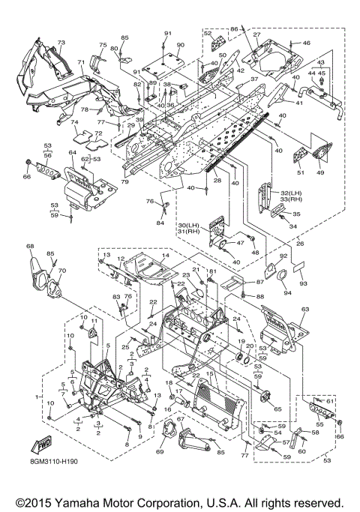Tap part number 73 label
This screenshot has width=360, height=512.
click(x=61, y=43)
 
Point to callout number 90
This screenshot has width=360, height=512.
click(x=180, y=45)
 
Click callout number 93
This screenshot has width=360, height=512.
click(x=304, y=283)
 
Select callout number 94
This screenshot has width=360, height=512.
click(x=287, y=292)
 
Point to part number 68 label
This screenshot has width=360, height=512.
click(x=30, y=246)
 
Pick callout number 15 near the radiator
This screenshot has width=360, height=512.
click(x=210, y=373)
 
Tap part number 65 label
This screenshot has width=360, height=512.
click(x=277, y=409)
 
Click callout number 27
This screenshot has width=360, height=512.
click(x=256, y=34)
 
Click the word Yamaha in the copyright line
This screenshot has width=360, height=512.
click(x=76, y=502)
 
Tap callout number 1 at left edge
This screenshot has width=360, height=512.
click(x=37, y=397)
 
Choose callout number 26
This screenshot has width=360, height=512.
click(x=300, y=244)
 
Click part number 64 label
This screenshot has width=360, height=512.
click(x=72, y=152)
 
